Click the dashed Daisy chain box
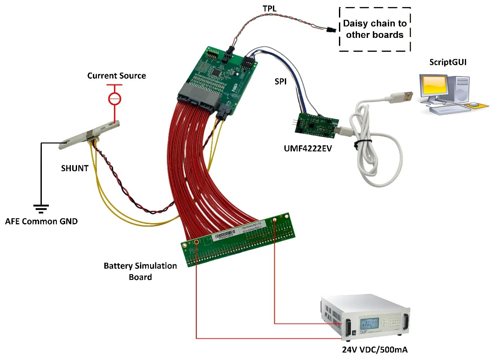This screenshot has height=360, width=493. tap(375, 29)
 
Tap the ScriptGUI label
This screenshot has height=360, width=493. tap(448, 62)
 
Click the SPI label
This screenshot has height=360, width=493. tap(282, 82)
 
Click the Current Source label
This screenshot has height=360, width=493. tap(116, 76)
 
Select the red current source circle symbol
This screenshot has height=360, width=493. tap(115, 98)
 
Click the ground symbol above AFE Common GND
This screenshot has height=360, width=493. tap(41, 208)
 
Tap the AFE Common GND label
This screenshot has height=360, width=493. tap(41, 221)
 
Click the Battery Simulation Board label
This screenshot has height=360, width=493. tap(140, 272)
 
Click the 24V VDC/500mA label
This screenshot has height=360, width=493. tap(375, 350)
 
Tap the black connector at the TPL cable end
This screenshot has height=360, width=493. tap(330, 30)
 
